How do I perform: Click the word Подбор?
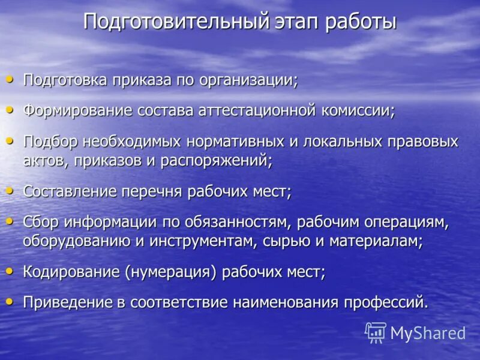click(x=49, y=142)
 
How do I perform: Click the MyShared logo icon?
click(x=376, y=332)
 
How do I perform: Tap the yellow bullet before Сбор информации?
click(x=9, y=221)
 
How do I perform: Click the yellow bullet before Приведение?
click(x=9, y=301)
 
